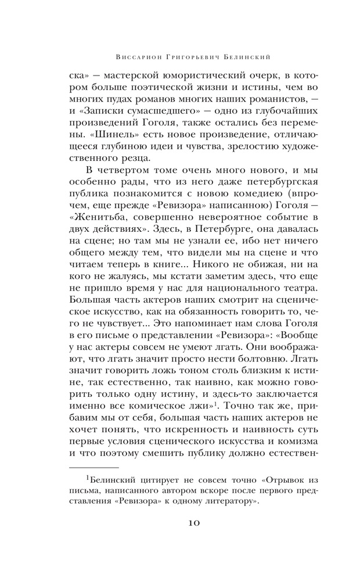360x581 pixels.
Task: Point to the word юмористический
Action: [196, 76]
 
